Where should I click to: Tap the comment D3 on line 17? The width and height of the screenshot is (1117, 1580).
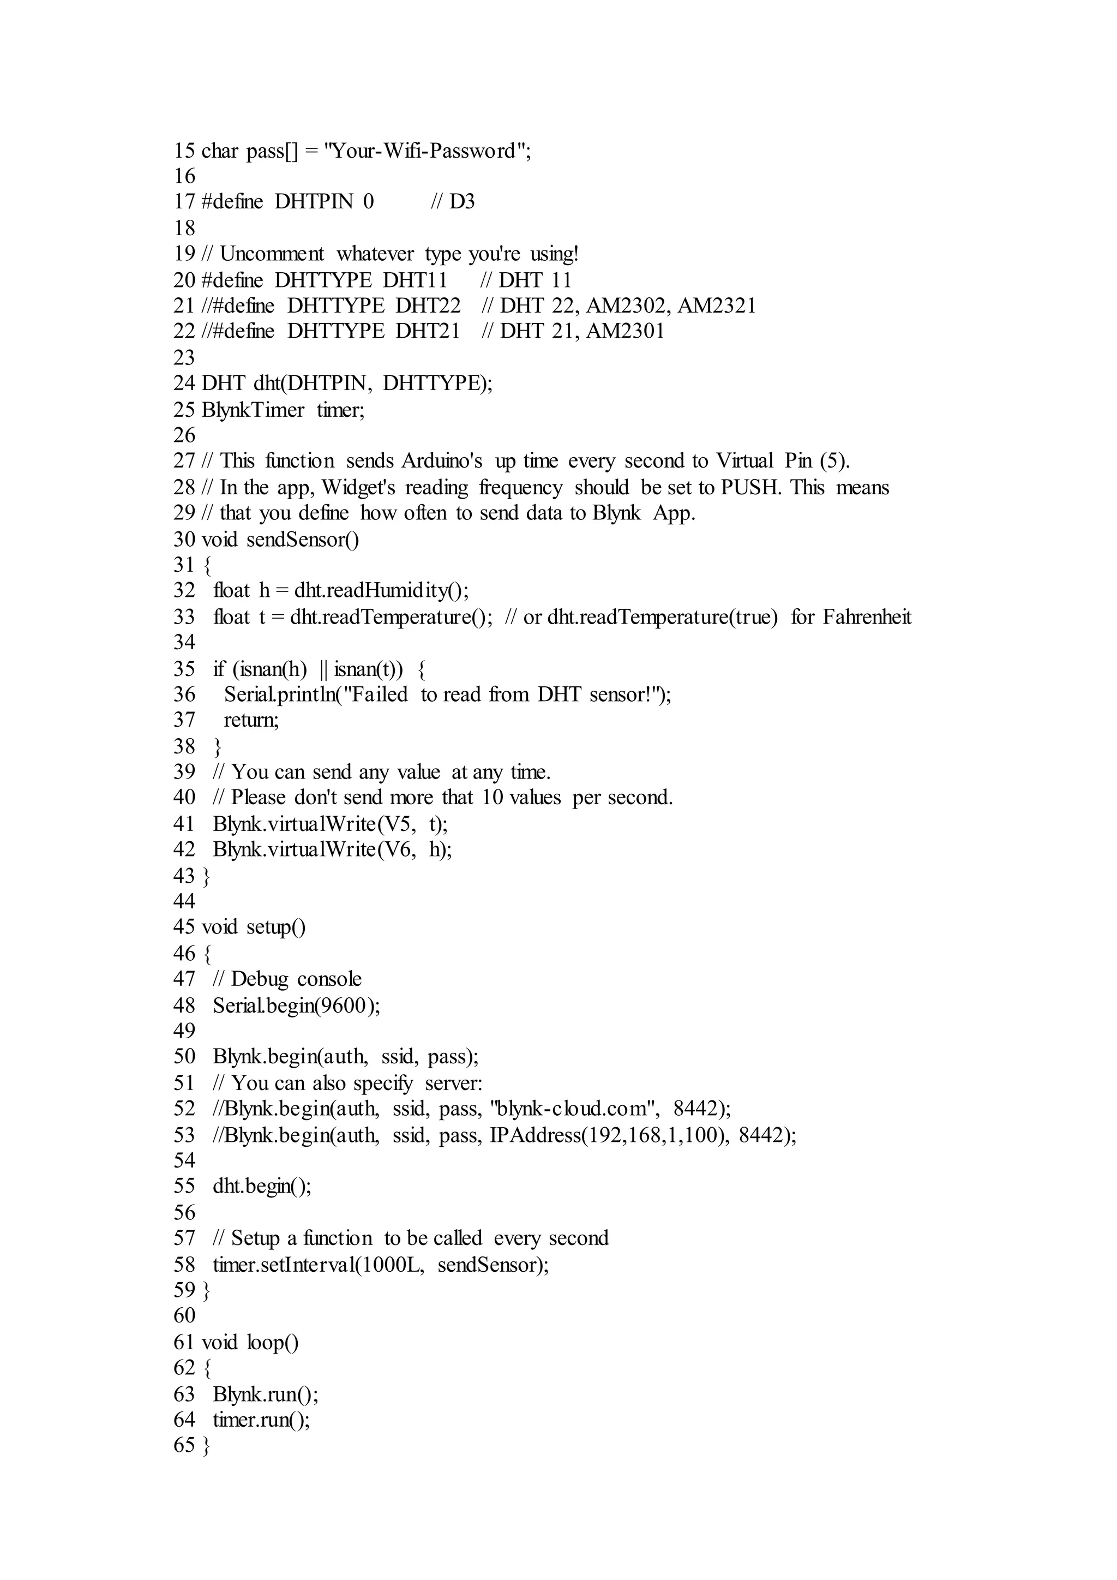[x=461, y=202]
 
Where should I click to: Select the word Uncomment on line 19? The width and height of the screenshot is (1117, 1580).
[x=272, y=254]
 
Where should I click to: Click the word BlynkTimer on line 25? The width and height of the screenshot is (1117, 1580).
[x=253, y=410]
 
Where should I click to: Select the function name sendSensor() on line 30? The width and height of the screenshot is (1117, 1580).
[x=303, y=540]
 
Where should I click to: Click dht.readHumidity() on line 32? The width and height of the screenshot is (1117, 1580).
[x=381, y=591]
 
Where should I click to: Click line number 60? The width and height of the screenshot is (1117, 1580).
[x=184, y=1316]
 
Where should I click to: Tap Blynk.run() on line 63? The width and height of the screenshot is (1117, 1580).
[x=265, y=1394]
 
